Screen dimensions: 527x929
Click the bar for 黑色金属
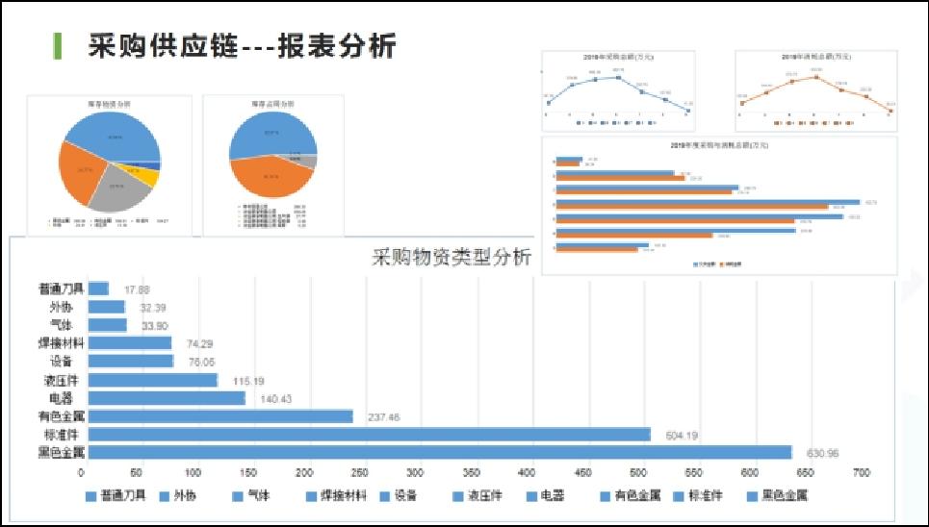pyautogui.click(x=439, y=452)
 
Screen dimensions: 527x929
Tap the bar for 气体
pyautogui.click(x=107, y=325)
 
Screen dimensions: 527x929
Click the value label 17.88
pyautogui.click(x=138, y=289)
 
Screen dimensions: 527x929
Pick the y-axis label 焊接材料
pyautogui.click(x=60, y=343)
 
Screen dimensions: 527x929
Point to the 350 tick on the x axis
pyautogui.click(x=472, y=473)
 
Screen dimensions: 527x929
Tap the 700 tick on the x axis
pyautogui.click(x=861, y=473)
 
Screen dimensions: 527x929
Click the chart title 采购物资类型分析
pyautogui.click(x=451, y=258)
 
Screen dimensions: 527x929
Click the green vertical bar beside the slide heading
pyautogui.click(x=58, y=44)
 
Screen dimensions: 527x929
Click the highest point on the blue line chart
pyautogui.click(x=617, y=70)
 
